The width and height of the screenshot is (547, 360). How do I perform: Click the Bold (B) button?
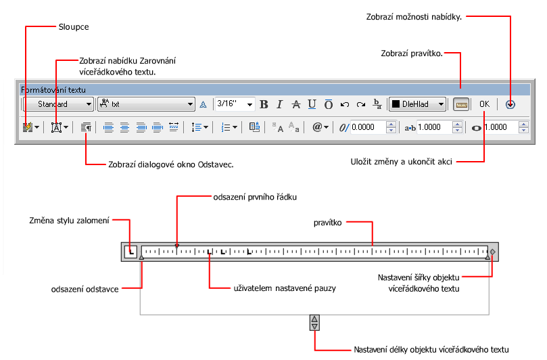tap(264, 104)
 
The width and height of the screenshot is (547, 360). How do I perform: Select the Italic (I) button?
tap(279, 104)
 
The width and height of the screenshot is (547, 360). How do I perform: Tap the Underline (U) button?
tap(312, 104)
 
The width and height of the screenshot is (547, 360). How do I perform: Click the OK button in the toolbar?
tap(484, 104)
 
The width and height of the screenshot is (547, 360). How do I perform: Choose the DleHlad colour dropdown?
tap(418, 104)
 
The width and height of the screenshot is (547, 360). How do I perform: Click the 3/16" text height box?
tap(235, 104)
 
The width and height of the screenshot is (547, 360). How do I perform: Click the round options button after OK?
tap(510, 104)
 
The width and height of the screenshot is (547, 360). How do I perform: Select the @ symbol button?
tap(320, 127)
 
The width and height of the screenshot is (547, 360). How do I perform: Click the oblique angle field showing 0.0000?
tap(368, 127)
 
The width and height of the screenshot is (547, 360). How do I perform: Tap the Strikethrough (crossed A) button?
tap(296, 104)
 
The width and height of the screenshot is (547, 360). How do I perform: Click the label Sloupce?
tap(74, 27)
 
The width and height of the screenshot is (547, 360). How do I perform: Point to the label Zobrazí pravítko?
tap(412, 53)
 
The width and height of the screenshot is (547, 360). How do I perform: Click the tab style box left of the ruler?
tap(130, 252)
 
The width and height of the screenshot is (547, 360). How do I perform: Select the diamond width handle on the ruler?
tap(493, 252)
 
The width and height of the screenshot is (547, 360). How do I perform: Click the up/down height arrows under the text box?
tap(314, 323)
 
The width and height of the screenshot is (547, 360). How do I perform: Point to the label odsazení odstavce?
tap(85, 289)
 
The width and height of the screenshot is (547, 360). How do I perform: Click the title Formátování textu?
tap(53, 90)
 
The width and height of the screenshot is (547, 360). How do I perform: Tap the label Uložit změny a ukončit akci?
tap(401, 162)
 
